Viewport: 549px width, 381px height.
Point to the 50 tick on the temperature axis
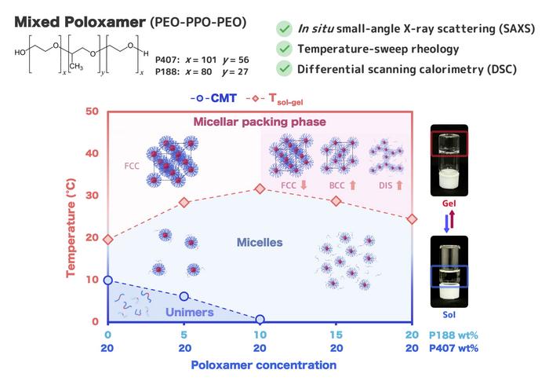[93, 112]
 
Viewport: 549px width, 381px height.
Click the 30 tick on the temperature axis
[93, 196]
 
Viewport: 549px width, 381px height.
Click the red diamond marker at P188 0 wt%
[108, 240]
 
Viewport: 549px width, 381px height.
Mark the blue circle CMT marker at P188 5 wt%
[184, 296]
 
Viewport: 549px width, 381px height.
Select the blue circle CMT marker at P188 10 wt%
[260, 320]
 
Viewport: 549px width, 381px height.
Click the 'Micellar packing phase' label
[259, 122]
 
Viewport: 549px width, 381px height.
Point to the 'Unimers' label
[190, 312]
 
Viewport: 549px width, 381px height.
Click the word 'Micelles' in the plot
[260, 243]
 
